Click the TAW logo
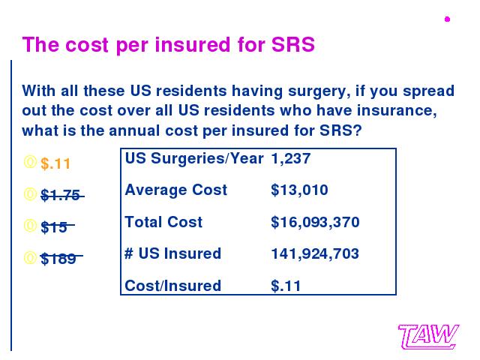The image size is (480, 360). (428, 337)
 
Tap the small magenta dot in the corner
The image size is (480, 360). (447, 19)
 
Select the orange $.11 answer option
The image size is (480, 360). (55, 163)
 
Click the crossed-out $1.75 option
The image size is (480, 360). (62, 195)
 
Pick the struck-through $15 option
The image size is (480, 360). (58, 226)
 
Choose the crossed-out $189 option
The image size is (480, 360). (61, 258)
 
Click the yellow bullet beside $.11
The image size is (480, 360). (30, 162)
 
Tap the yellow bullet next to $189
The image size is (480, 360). (30, 258)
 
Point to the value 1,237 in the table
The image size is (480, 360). (291, 159)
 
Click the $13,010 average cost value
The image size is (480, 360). (299, 190)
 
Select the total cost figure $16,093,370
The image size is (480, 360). (315, 222)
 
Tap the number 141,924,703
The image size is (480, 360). (315, 254)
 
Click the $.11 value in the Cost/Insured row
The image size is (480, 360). (286, 286)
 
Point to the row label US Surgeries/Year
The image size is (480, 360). (194, 158)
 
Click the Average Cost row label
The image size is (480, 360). (176, 190)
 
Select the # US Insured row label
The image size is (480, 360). (173, 253)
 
